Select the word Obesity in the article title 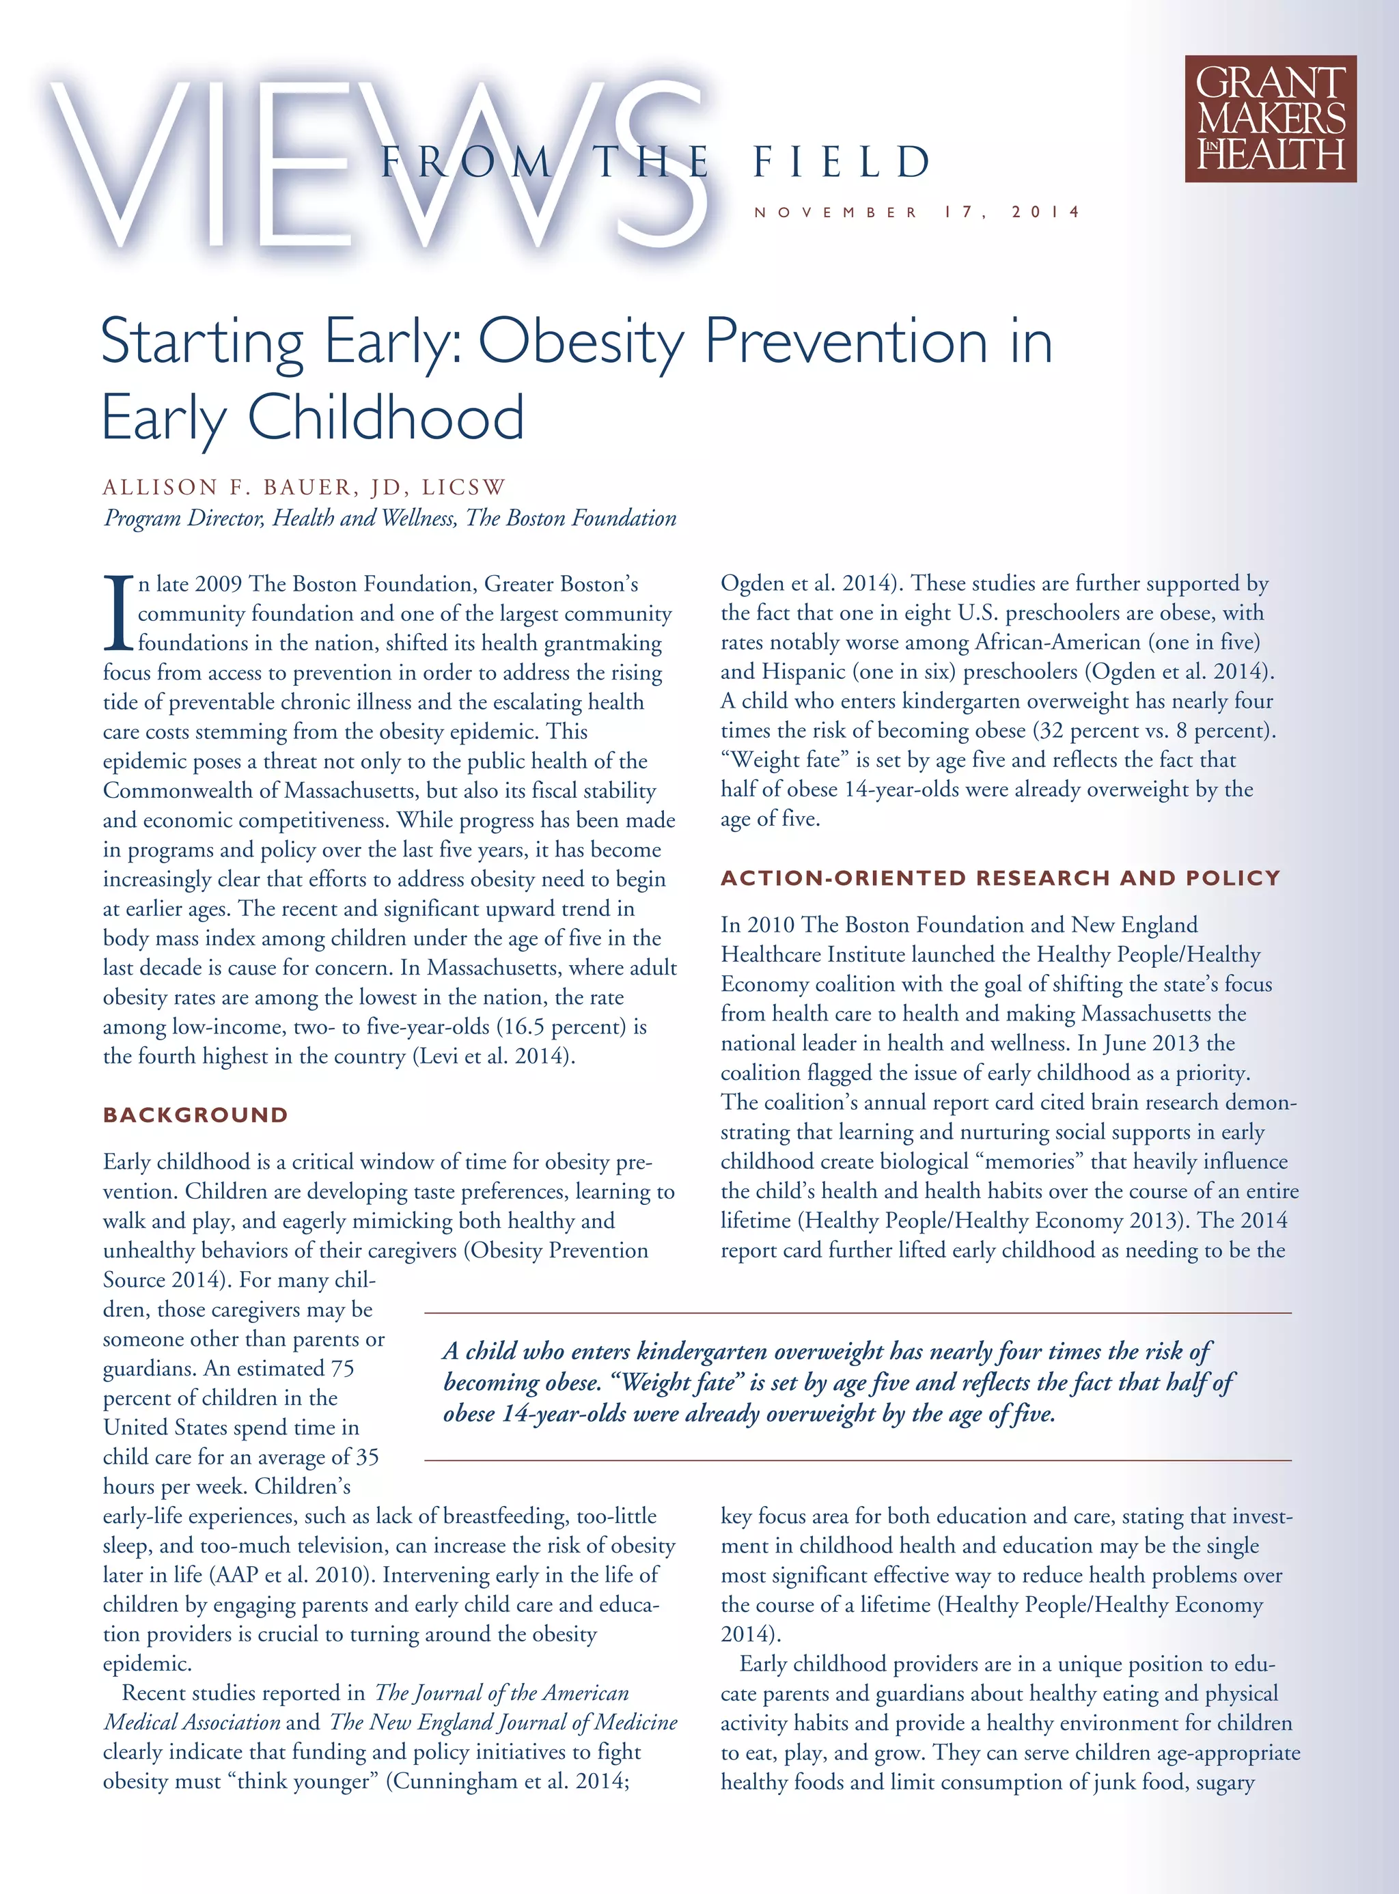[x=581, y=343]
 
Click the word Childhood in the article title [x=385, y=418]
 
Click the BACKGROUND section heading [x=195, y=1115]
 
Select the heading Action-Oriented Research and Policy [x=1000, y=878]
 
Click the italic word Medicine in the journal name [x=637, y=1722]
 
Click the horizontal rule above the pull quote [x=857, y=1313]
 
